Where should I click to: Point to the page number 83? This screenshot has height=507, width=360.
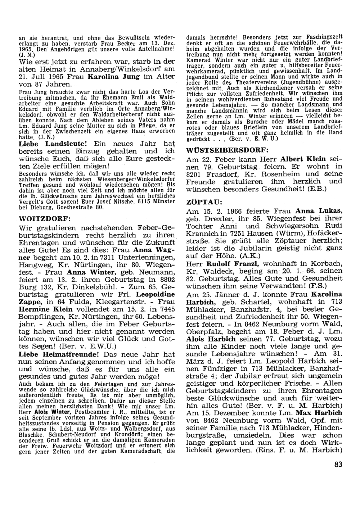coord(338,464)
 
